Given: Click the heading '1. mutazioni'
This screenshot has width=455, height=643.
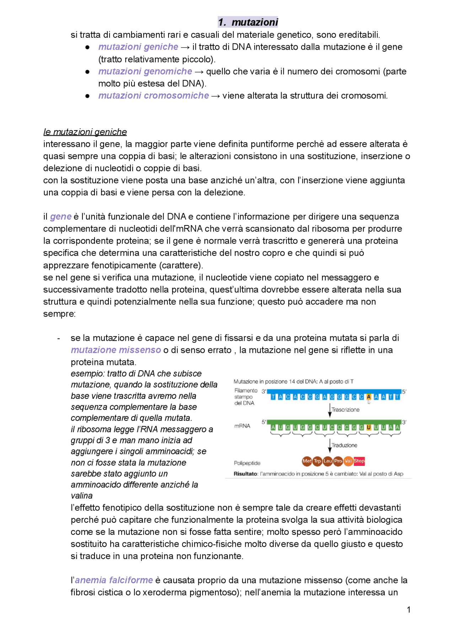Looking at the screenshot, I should (248, 22).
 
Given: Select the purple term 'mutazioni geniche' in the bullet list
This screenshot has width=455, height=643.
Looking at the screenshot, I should (138, 47).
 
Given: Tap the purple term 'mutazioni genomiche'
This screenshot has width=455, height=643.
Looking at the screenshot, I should (145, 71).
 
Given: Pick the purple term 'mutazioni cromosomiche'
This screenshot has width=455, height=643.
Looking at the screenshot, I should (154, 96).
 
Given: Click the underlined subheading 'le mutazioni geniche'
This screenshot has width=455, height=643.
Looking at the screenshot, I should (85, 132).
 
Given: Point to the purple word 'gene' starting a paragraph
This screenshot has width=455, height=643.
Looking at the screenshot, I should (61, 217).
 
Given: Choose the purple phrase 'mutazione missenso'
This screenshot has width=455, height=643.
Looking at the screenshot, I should (116, 350).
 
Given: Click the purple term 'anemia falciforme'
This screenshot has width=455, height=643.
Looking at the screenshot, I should (114, 580).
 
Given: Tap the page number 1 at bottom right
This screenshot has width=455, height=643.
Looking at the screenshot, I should (409, 610).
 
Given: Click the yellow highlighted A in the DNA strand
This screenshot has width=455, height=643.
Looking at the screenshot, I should (369, 397).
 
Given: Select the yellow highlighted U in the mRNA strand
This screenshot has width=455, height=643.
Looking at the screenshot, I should (369, 427).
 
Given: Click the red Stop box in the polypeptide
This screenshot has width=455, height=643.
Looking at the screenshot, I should (359, 461).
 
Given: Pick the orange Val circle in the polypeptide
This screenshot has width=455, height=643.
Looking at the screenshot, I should (348, 461).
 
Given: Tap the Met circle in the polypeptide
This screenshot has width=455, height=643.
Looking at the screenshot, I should (307, 461).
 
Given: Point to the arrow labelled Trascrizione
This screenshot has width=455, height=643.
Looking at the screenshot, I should (330, 410).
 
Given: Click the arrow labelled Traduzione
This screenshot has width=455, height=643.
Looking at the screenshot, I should (330, 445).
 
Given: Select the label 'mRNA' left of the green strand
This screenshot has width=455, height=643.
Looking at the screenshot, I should (242, 426).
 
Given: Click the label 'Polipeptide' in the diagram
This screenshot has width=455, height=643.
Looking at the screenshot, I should (247, 463).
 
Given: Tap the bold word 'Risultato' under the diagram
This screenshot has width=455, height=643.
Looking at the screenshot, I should (245, 474).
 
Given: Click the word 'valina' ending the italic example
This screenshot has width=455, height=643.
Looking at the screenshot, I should (81, 496).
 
